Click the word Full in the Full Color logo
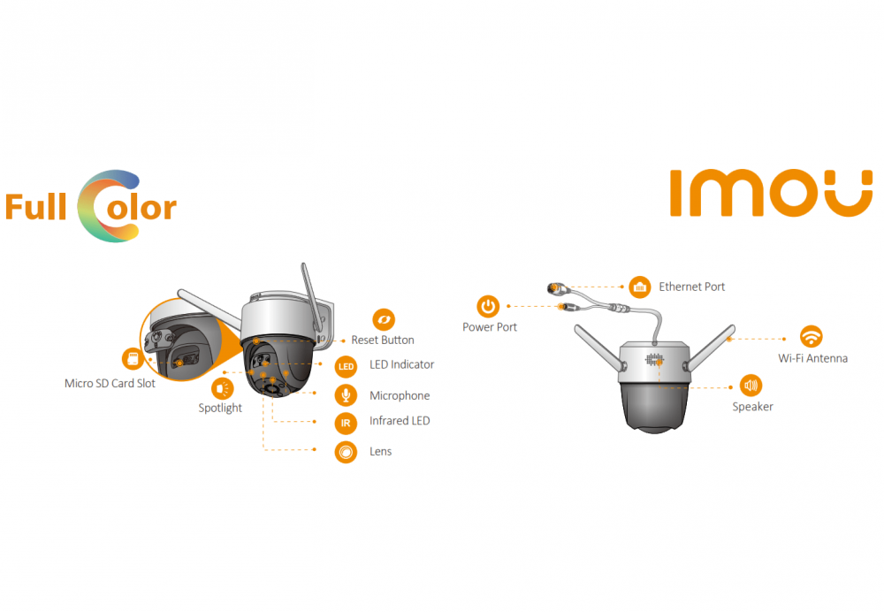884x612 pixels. (37, 208)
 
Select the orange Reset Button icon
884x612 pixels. (384, 319)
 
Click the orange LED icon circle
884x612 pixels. (346, 365)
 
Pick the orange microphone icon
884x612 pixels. (346, 395)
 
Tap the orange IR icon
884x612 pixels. (346, 422)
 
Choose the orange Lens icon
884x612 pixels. (346, 452)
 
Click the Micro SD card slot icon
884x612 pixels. (133, 359)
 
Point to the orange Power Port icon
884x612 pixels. (488, 307)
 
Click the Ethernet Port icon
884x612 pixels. (639, 287)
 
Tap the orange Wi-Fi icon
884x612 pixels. (811, 336)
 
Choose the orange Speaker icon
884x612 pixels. (751, 385)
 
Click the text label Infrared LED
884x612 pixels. (400, 421)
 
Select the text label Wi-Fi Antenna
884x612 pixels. (812, 358)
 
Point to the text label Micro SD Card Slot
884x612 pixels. (110, 384)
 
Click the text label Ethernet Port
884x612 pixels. (691, 287)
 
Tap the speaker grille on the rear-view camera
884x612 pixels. (655, 360)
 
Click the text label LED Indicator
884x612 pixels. (401, 364)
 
